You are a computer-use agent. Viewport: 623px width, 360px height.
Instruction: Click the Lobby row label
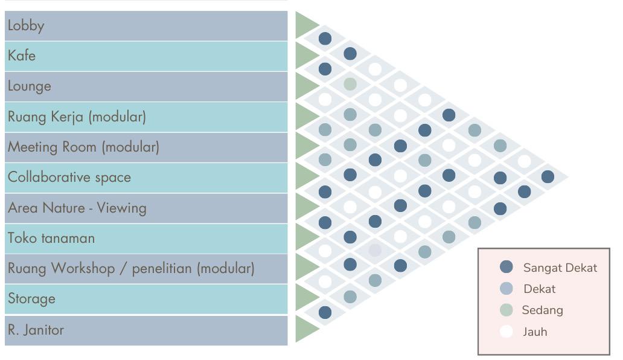pos(26,26)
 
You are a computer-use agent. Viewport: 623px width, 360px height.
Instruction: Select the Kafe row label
pos(22,56)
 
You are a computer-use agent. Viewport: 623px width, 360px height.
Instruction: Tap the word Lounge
pos(30,86)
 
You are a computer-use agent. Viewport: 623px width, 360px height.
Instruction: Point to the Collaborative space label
pos(69,178)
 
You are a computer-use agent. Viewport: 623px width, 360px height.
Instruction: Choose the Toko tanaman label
pos(51,238)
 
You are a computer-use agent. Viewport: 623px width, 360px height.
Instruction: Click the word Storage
pos(31,299)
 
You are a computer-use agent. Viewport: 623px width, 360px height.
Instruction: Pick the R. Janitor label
pos(36,330)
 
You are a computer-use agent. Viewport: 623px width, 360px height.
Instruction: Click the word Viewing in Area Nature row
pos(121,208)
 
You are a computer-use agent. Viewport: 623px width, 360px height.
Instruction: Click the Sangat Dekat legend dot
pos(506,267)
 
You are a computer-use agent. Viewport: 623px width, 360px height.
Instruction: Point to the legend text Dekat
pos(539,289)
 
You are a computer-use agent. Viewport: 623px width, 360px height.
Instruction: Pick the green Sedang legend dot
pos(506,310)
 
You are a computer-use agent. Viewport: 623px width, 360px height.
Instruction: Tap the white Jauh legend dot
pos(506,332)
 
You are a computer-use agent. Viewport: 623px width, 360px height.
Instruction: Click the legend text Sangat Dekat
pos(560,268)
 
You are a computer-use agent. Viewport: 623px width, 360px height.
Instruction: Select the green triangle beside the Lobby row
pos(305,26)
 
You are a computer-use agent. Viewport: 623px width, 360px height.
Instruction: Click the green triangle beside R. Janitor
pos(305,330)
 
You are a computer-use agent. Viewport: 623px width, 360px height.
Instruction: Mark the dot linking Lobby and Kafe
pos(325,39)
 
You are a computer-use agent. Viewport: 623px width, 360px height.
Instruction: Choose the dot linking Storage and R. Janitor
pos(325,312)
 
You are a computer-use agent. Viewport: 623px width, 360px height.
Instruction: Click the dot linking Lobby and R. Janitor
pos(548,176)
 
